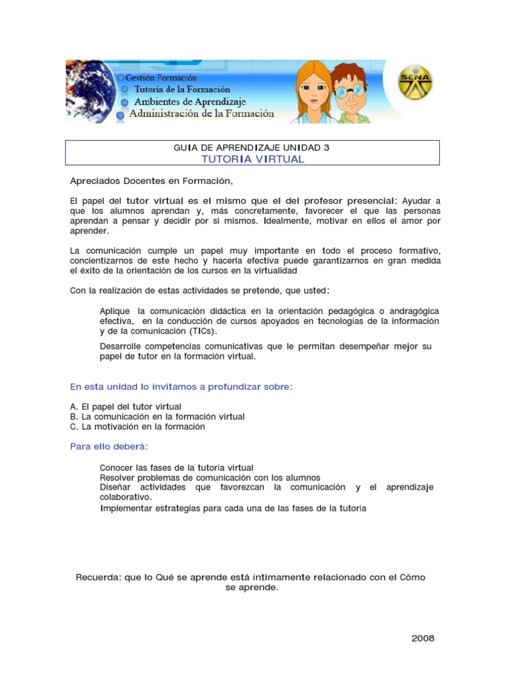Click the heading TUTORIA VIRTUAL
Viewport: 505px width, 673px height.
(252, 159)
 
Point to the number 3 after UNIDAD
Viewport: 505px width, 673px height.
(327, 148)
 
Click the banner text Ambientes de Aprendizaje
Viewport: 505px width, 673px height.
(189, 102)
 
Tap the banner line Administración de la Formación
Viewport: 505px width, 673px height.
(201, 114)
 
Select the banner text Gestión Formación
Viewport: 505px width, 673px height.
(161, 78)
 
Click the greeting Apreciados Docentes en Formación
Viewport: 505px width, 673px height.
(151, 181)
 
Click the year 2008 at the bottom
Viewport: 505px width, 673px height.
(423, 638)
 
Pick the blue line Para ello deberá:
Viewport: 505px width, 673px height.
(109, 446)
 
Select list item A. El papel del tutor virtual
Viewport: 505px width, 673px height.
(126, 407)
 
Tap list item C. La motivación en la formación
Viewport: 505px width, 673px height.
(137, 427)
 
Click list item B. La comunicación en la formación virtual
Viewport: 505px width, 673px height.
(157, 417)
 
